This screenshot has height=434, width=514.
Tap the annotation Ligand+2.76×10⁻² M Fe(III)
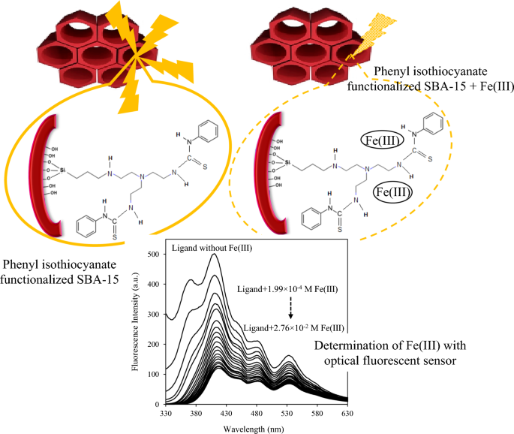295,328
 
